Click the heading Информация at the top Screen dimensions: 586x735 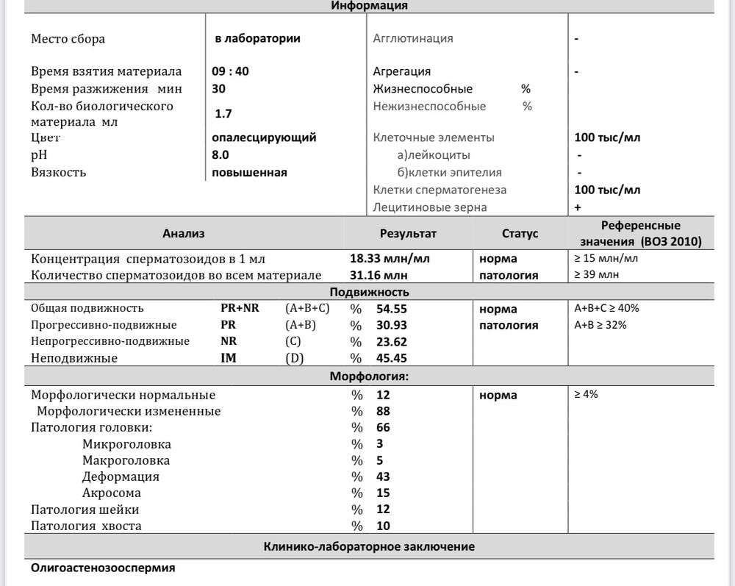[369, 6]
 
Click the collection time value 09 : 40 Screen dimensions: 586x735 [230, 71]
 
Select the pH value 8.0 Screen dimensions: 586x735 [220, 155]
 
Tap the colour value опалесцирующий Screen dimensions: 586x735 [264, 137]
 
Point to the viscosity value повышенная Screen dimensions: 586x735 [249, 173]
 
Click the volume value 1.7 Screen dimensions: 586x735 [223, 114]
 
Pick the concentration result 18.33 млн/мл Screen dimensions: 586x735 [390, 259]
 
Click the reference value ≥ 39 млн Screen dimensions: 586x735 [596, 276]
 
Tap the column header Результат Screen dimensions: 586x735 [408, 234]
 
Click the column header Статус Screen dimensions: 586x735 [520, 234]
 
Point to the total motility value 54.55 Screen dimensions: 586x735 [392, 309]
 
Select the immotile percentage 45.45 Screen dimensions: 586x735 [392, 359]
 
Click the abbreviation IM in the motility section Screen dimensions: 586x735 [229, 359]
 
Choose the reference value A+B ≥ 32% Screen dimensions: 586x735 [600, 325]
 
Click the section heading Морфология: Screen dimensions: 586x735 [369, 377]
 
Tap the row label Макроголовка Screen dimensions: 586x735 [126, 461]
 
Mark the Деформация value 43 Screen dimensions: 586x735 [383, 477]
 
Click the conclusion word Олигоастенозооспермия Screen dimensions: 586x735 [103, 568]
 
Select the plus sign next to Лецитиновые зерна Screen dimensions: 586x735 [578, 208]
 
